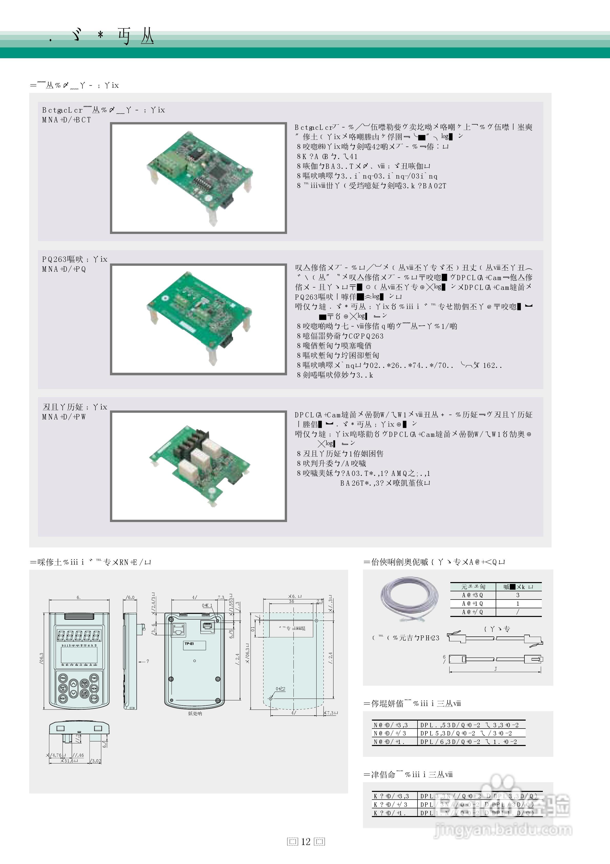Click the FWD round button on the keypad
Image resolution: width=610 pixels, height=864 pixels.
[x=94, y=678]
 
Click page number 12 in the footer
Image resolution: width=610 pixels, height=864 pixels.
[x=306, y=841]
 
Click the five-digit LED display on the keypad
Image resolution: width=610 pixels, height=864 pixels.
[x=79, y=636]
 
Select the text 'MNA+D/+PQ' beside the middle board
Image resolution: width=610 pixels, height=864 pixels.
[x=64, y=269]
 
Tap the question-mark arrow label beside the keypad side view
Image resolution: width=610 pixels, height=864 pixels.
[x=147, y=661]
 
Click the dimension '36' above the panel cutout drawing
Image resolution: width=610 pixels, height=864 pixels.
[x=291, y=601]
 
